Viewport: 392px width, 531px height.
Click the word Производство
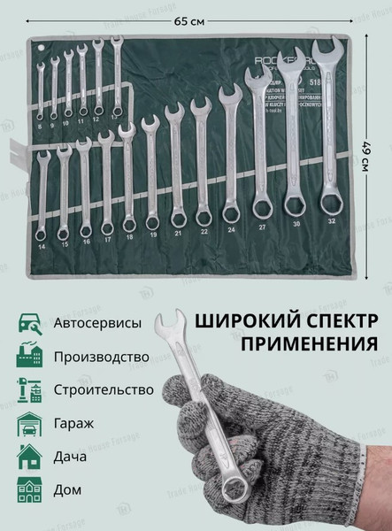[100, 357]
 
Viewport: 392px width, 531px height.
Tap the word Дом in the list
[67, 489]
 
